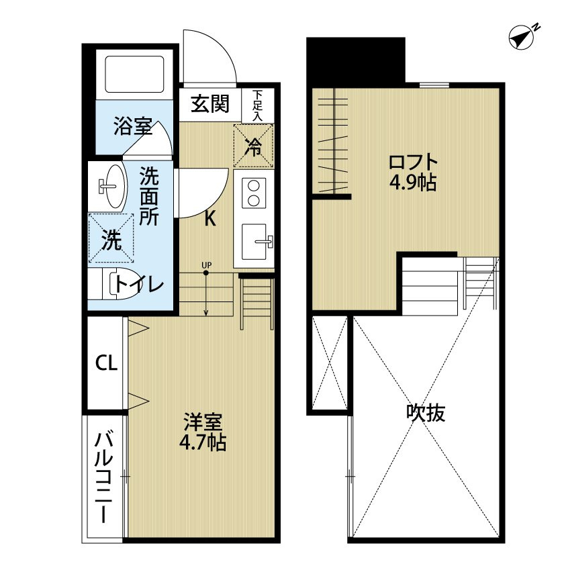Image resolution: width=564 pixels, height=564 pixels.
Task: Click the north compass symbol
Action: pyautogui.click(x=522, y=37)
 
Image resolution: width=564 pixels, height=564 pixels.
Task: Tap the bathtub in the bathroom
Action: pyautogui.click(x=134, y=74)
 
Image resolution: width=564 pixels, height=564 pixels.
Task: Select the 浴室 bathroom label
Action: pyautogui.click(x=133, y=126)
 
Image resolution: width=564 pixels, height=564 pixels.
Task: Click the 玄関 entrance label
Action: pyautogui.click(x=210, y=103)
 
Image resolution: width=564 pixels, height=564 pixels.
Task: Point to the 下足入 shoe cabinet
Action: pyautogui.click(x=258, y=105)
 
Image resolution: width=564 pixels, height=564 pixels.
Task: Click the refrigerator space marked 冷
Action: pyautogui.click(x=254, y=145)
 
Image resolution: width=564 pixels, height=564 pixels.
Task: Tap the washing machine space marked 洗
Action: pyautogui.click(x=111, y=238)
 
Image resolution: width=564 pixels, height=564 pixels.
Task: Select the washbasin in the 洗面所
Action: pyautogui.click(x=112, y=186)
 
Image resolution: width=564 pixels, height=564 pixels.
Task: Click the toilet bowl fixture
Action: pyautogui.click(x=119, y=284)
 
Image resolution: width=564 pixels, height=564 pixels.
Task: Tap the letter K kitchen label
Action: pyautogui.click(x=210, y=218)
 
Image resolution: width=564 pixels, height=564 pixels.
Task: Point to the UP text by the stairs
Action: pyautogui.click(x=207, y=265)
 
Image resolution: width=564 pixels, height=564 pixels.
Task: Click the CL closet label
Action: pyautogui.click(x=107, y=363)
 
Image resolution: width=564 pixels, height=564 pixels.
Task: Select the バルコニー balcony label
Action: pyautogui.click(x=103, y=478)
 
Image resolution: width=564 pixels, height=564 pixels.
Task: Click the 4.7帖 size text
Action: pyautogui.click(x=203, y=442)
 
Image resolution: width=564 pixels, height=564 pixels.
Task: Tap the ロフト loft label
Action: pyautogui.click(x=413, y=162)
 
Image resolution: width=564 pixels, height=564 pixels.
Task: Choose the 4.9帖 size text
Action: pyautogui.click(x=414, y=183)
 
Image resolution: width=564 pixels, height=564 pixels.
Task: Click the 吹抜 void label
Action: pyautogui.click(x=426, y=413)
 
